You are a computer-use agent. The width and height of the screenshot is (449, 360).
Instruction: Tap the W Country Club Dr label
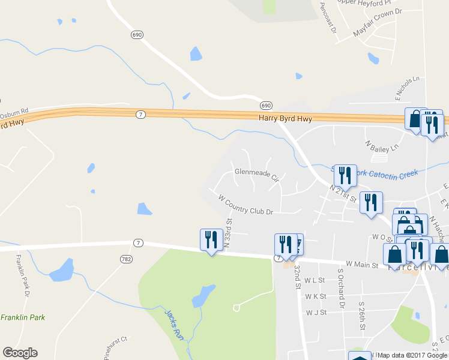(x=246, y=205)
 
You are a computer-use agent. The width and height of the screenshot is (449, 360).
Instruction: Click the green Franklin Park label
(x=22, y=317)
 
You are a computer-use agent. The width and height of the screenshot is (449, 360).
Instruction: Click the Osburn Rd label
(x=14, y=112)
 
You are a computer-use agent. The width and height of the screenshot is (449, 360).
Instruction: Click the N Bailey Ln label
(x=382, y=146)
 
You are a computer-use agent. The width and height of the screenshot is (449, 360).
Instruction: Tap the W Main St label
(x=361, y=264)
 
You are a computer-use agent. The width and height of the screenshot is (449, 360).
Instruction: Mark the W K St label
(x=315, y=296)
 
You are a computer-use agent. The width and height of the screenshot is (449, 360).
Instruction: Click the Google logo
(x=20, y=353)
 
